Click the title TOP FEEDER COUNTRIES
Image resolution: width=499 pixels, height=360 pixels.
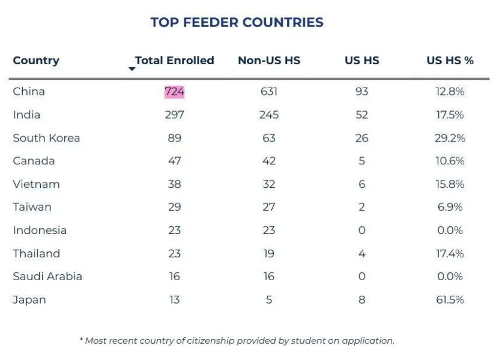click(237, 23)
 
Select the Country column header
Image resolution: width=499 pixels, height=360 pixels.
click(36, 61)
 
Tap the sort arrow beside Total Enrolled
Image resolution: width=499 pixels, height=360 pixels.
click(132, 69)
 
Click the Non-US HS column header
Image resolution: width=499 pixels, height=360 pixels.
click(269, 61)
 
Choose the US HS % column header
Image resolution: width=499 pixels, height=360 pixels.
click(450, 61)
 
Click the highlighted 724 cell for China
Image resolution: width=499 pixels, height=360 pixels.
click(174, 92)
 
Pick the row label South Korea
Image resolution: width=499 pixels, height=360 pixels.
click(46, 138)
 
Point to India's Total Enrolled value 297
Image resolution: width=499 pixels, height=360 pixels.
click(174, 115)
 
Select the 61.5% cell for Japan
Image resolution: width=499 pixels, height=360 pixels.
click(450, 299)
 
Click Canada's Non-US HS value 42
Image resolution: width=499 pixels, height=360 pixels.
click(269, 161)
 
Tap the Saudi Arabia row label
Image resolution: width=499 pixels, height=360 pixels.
click(47, 277)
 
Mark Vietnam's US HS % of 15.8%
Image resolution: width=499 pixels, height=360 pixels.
click(450, 184)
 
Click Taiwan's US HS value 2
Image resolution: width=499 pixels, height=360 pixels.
click(361, 207)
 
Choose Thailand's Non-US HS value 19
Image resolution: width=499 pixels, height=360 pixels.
click(269, 254)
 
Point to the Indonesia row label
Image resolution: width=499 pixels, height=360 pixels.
click(40, 230)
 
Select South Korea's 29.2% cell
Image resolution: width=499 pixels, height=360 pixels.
click(450, 138)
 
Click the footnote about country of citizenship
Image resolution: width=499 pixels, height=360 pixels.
click(237, 341)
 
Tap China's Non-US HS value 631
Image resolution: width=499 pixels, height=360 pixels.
click(269, 92)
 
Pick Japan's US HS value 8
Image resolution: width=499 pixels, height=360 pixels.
click(361, 299)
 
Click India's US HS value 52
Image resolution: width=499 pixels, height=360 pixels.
click(361, 115)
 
